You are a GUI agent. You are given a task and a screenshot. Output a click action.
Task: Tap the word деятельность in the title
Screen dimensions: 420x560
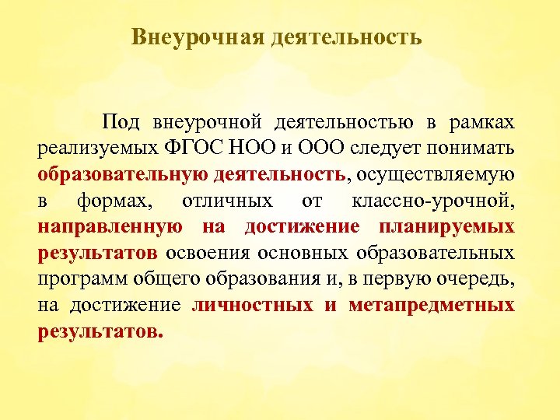click(x=348, y=37)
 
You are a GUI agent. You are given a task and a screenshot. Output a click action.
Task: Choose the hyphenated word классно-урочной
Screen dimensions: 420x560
click(x=432, y=201)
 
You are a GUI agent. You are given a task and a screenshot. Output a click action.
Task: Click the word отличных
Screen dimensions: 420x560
click(x=227, y=201)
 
